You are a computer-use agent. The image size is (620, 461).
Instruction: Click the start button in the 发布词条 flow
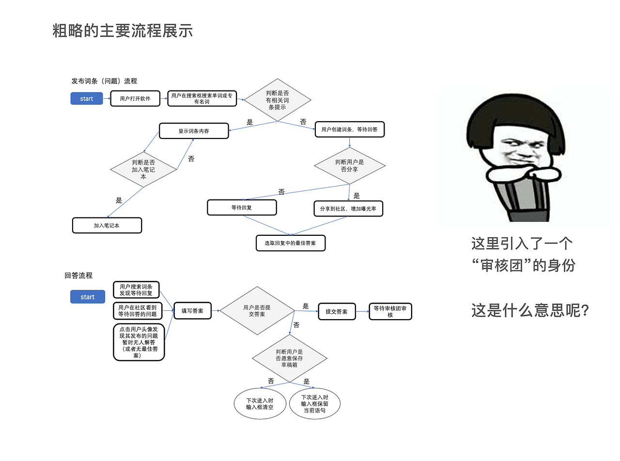click(87, 98)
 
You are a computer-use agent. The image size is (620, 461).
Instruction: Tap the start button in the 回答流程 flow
click(88, 297)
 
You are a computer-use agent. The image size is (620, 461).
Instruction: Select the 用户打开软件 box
click(135, 98)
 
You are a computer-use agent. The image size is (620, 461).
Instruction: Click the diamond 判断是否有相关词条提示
click(277, 100)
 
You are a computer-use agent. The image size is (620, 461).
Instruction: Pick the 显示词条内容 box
click(194, 131)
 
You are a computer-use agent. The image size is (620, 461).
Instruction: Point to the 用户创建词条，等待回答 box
click(349, 129)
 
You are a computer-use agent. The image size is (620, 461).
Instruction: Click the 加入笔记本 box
click(107, 225)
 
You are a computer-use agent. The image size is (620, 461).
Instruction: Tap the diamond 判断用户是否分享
click(349, 166)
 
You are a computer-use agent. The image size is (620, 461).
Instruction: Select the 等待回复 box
click(242, 207)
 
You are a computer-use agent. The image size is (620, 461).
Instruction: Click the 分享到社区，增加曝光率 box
click(348, 209)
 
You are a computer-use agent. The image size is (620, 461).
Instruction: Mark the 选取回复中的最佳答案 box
click(290, 243)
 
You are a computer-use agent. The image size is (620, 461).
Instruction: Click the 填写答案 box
click(192, 311)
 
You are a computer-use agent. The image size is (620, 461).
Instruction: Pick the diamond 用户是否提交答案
click(257, 310)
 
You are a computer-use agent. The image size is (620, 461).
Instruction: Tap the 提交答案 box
click(337, 311)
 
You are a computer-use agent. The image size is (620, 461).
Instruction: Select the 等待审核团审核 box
click(390, 311)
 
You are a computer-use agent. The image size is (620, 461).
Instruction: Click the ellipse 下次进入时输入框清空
click(260, 404)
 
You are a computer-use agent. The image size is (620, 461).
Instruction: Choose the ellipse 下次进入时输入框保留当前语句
click(315, 403)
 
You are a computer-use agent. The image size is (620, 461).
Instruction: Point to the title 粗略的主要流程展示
click(123, 31)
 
